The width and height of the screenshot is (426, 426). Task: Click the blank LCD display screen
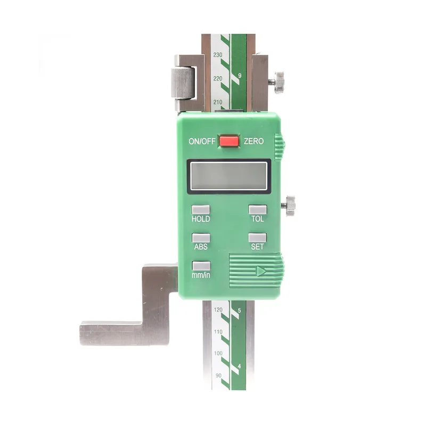pyautogui.click(x=229, y=176)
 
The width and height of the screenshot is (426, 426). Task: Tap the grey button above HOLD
pyautogui.click(x=201, y=209)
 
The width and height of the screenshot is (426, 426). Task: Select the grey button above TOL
pyautogui.click(x=258, y=209)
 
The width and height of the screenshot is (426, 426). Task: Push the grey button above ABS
pyautogui.click(x=201, y=237)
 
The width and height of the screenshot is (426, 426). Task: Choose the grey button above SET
pyautogui.click(x=257, y=237)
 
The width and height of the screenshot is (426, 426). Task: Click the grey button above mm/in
pyautogui.click(x=201, y=266)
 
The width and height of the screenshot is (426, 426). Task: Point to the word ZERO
pyautogui.click(x=253, y=141)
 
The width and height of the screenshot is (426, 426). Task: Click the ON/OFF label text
pyautogui.click(x=202, y=141)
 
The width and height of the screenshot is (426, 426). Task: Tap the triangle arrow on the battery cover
pyautogui.click(x=261, y=271)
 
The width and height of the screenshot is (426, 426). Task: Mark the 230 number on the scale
pyautogui.click(x=218, y=55)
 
